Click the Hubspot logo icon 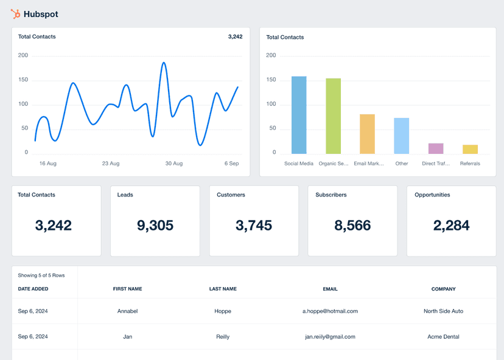15,13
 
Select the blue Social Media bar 299,115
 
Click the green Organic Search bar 333,116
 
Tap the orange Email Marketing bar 367,134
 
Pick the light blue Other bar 401,136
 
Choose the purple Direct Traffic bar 436,148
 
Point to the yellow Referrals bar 470,149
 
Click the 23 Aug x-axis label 111,164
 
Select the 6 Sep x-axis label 231,164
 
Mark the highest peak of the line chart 164,63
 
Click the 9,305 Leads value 155,226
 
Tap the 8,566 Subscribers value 352,226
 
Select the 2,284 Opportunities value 451,226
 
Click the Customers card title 231,195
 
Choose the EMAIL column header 330,289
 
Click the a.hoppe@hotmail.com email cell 330,311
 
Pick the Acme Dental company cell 443,336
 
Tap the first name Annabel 127,311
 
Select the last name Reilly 223,336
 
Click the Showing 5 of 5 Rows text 41,275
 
